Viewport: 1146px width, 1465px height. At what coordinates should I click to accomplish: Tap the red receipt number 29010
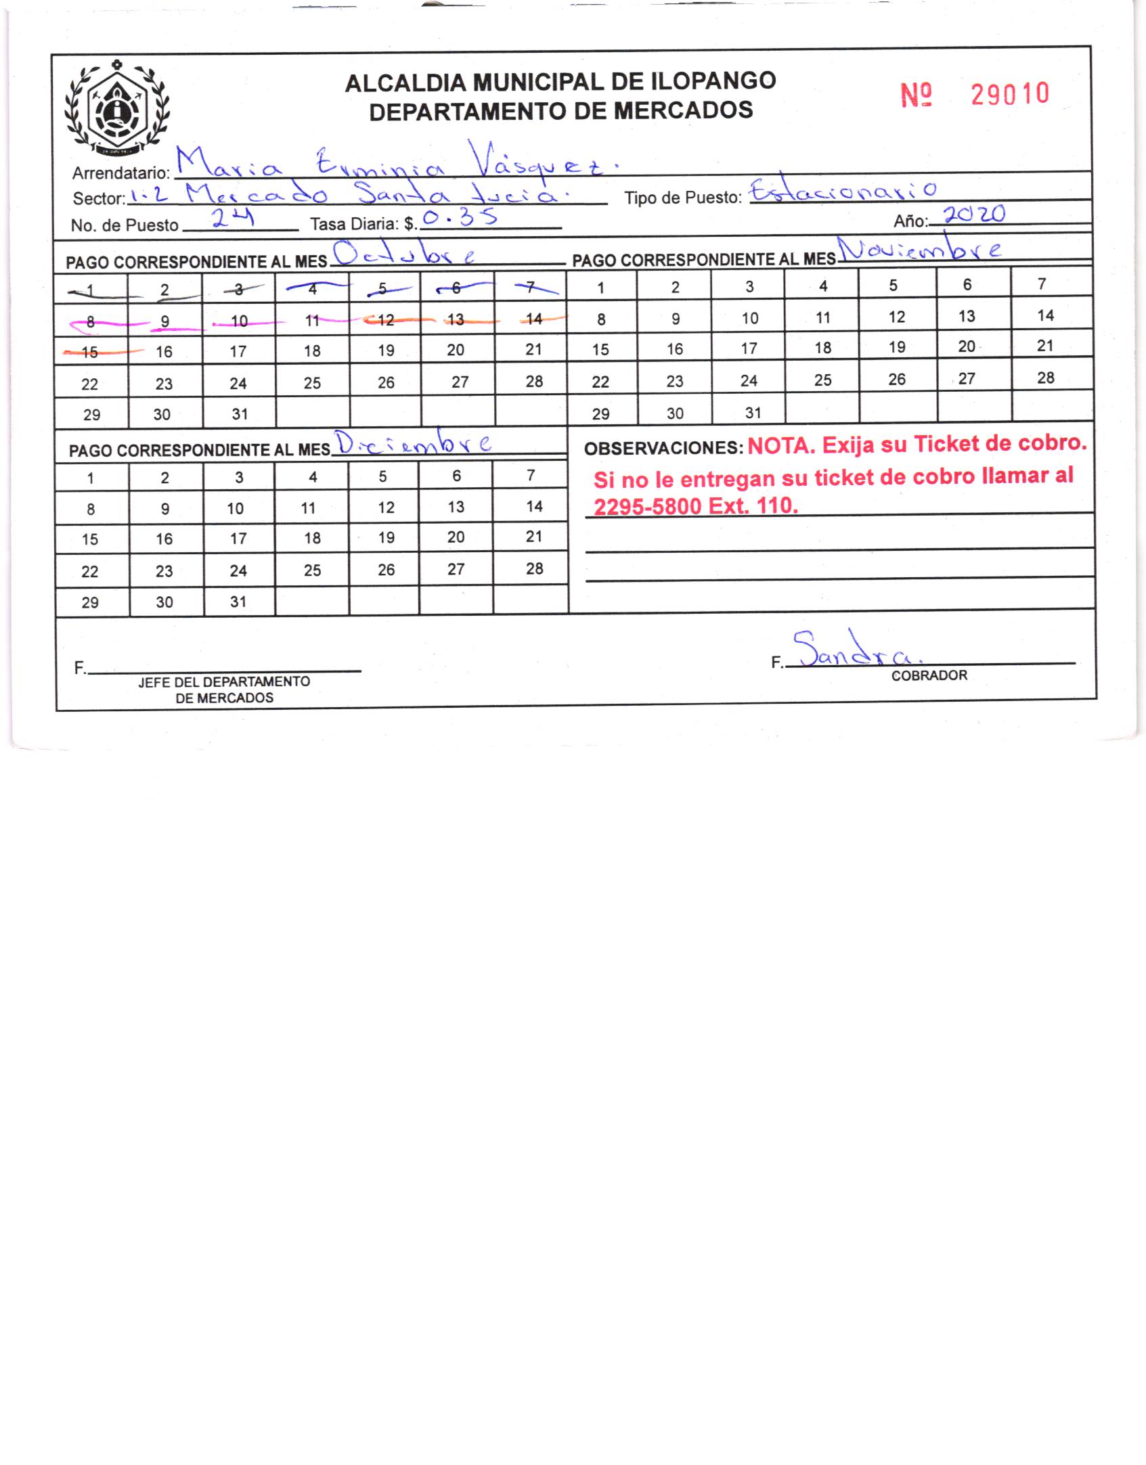1009,95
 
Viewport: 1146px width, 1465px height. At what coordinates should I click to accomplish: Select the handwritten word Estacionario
844,192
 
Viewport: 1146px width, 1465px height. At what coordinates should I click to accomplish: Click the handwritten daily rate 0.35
460,218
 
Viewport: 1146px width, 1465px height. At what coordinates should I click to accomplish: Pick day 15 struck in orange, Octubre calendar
89,352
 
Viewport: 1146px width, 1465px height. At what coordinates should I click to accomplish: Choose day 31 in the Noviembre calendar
753,413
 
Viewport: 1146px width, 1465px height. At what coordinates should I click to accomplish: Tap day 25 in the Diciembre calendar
312,570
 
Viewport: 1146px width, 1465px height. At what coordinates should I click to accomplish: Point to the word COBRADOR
929,675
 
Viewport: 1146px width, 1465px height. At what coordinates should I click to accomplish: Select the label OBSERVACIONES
663,448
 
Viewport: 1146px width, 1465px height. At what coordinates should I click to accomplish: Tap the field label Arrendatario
120,173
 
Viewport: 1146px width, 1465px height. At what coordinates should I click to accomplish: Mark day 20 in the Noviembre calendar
966,346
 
